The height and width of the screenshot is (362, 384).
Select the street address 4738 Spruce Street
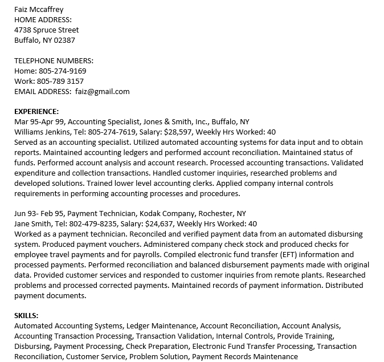[x=47, y=30]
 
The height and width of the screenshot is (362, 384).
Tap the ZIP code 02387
[x=64, y=40]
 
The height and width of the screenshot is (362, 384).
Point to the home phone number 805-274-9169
[x=63, y=71]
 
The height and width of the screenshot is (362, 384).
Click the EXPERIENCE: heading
[x=36, y=111]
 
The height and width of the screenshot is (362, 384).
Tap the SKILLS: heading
[x=26, y=316]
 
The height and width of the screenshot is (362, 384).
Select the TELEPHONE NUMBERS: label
[x=54, y=60]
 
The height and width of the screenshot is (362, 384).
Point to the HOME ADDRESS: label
[x=42, y=19]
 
